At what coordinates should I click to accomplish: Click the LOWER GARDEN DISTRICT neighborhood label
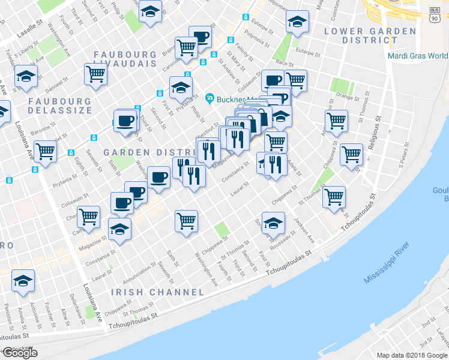[x=370, y=35]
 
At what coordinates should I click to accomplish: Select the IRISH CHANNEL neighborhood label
[x=157, y=292]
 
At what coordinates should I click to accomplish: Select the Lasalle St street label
[x=31, y=32]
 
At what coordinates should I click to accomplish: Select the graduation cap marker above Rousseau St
[x=273, y=224]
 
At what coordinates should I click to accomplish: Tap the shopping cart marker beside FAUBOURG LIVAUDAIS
[x=96, y=74]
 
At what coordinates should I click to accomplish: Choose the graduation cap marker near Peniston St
[x=23, y=280]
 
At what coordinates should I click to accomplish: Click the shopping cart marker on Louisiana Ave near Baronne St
[x=46, y=151]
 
